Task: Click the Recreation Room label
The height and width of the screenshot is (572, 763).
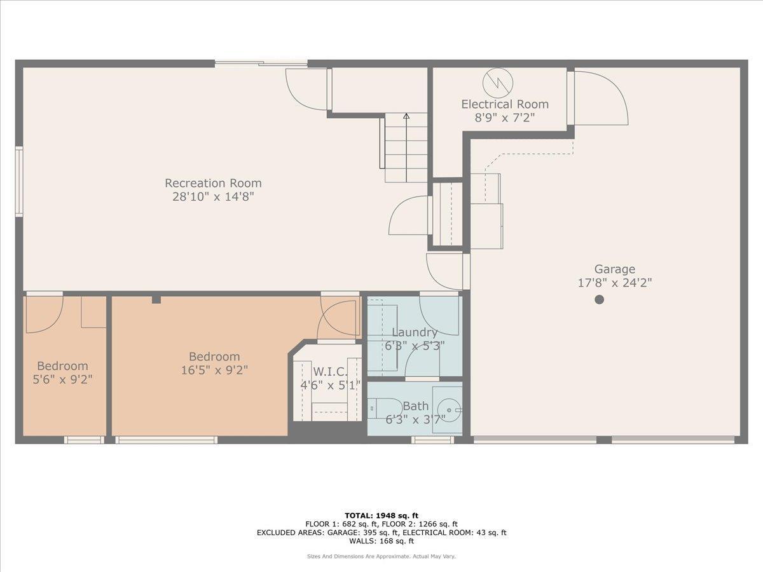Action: click(x=213, y=183)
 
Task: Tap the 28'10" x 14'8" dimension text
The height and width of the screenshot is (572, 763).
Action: click(x=213, y=197)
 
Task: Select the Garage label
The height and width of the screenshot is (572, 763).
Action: click(x=614, y=269)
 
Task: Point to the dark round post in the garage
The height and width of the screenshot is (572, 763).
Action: click(x=599, y=299)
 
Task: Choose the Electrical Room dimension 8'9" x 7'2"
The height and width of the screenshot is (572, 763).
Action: click(x=504, y=118)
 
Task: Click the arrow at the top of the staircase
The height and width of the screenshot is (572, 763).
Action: click(x=406, y=116)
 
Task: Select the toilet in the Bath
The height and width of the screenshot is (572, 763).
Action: click(x=381, y=407)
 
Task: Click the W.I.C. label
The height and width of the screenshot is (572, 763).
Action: click(x=329, y=371)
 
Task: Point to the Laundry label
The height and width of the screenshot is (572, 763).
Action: click(x=415, y=332)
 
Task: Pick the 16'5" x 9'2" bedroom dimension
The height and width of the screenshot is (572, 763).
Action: click(x=214, y=371)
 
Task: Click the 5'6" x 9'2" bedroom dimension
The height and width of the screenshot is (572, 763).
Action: click(x=62, y=380)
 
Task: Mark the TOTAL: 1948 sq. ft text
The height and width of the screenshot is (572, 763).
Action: click(x=381, y=515)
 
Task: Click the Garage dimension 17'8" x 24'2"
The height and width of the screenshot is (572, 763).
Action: click(x=614, y=283)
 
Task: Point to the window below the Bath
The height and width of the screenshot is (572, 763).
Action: click(x=432, y=439)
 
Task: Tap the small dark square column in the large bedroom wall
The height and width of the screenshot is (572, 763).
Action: click(x=156, y=299)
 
